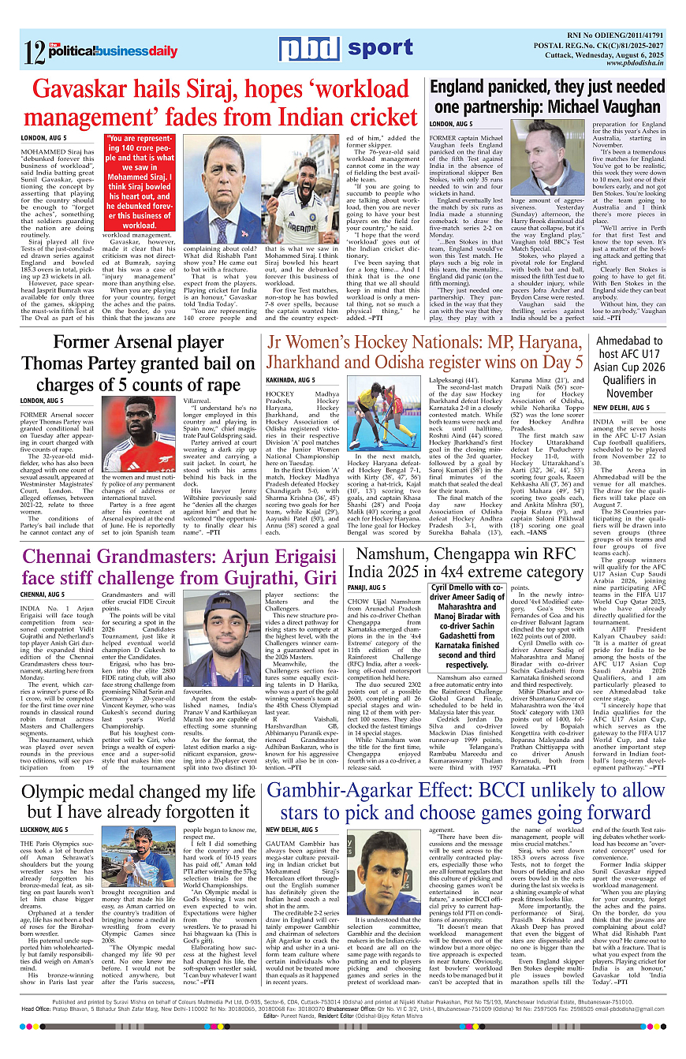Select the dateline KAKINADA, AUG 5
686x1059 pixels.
click(290, 379)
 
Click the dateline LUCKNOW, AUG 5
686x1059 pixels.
click(44, 830)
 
